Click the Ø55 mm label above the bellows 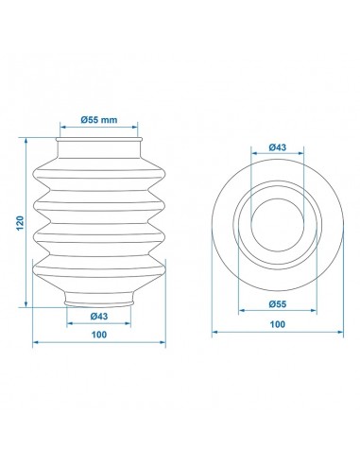click(x=99, y=120)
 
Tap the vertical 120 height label click(x=20, y=223)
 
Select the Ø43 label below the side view click(x=99, y=316)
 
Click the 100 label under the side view click(x=99, y=335)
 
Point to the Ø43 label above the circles click(x=278, y=147)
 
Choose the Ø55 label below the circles click(x=278, y=304)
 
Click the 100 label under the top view click(x=278, y=324)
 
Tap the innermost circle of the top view click(x=278, y=198)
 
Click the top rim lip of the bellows click(x=99, y=139)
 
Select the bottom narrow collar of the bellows click(x=99, y=299)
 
